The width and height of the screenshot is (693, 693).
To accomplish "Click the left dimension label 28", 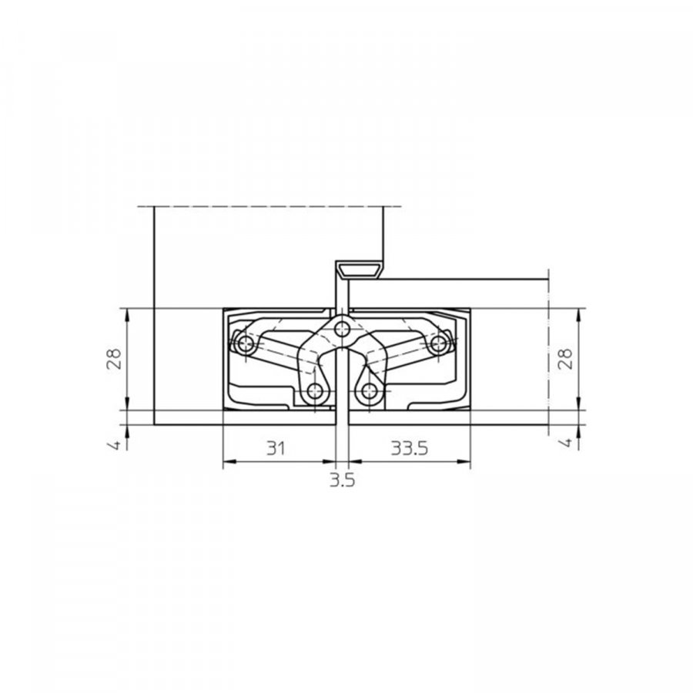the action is point(114,359).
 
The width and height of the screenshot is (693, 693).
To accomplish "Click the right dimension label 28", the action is point(565,359).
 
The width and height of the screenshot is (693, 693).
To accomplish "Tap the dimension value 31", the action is point(276,448).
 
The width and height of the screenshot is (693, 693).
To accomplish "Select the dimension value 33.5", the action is point(410,448).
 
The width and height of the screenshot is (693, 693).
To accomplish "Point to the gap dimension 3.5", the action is point(343,480).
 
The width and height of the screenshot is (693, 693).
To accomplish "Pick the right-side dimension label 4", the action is point(566,443).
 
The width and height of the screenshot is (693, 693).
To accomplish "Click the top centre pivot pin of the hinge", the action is point(341,329).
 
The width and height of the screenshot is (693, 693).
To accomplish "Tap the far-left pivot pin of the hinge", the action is point(243,343).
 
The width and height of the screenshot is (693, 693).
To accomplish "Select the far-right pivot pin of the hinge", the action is point(438,343).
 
